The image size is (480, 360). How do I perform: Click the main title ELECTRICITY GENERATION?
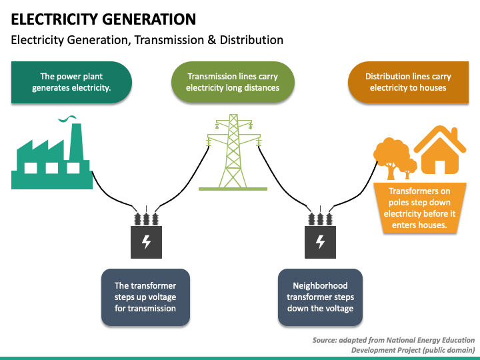(103, 19)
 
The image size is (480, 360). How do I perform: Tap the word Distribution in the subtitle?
(251, 40)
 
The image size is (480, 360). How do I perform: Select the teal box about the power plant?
(71, 82)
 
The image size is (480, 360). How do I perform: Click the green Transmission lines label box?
(233, 82)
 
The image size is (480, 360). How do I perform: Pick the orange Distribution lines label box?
(408, 82)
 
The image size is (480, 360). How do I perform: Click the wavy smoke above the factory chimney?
(67, 119)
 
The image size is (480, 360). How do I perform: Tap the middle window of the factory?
(52, 168)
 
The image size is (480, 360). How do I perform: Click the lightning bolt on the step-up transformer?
(146, 242)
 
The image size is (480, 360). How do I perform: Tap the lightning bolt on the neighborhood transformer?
(320, 242)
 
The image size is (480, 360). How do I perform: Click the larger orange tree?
(391, 156)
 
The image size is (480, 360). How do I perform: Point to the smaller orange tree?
(407, 169)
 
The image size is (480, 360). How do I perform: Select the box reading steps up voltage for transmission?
(146, 297)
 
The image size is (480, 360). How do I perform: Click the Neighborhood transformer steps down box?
(320, 297)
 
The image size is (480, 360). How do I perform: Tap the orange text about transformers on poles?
(419, 208)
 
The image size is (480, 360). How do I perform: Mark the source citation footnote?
(394, 345)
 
